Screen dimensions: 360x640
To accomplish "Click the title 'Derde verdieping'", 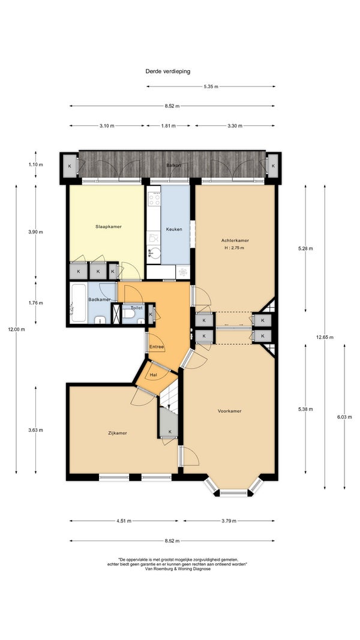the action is (x=168, y=71).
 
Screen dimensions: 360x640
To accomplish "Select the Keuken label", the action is (x=174, y=229).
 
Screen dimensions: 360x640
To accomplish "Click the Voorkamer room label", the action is (x=229, y=411).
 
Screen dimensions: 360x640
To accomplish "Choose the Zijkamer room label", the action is (x=118, y=433).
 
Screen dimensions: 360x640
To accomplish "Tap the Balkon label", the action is (x=173, y=166).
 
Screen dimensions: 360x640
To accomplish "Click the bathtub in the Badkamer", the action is (x=78, y=303).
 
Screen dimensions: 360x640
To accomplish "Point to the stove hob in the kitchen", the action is (x=154, y=199).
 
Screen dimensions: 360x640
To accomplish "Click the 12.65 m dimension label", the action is (x=325, y=337).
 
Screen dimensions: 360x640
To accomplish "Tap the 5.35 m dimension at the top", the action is (x=211, y=86).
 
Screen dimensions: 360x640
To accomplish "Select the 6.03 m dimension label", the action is (x=344, y=417).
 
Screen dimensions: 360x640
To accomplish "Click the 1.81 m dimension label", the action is (x=168, y=126).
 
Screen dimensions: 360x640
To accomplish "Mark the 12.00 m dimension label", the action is (x=16, y=329).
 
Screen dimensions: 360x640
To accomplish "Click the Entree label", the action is (x=157, y=347).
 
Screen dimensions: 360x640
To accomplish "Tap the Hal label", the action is (x=154, y=374).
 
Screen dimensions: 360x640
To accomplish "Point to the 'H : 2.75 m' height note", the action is (x=234, y=248).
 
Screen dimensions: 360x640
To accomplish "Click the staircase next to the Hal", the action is (x=169, y=395).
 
